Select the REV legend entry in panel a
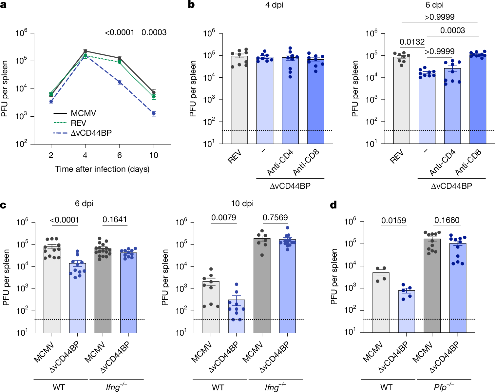pyautogui.click(x=78, y=123)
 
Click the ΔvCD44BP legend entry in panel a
pyautogui.click(x=91, y=133)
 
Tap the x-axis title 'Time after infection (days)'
pyautogui.click(x=102, y=169)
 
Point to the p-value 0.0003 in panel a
pyautogui.click(x=154, y=32)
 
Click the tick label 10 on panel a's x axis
pyautogui.click(x=154, y=155)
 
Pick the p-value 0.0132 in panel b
pyautogui.click(x=412, y=42)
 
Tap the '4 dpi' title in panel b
pyautogui.click(x=275, y=5)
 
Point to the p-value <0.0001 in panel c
pyautogui.click(x=65, y=220)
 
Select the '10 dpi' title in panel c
pyautogui.click(x=242, y=204)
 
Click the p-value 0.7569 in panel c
pyautogui.click(x=275, y=218)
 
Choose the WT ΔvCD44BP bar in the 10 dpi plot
pyautogui.click(x=237, y=316)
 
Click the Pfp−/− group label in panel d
pyautogui.click(x=444, y=387)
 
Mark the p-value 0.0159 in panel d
pyautogui.click(x=393, y=220)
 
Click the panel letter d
pyautogui.click(x=333, y=205)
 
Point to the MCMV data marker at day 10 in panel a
pyautogui.click(x=154, y=92)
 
